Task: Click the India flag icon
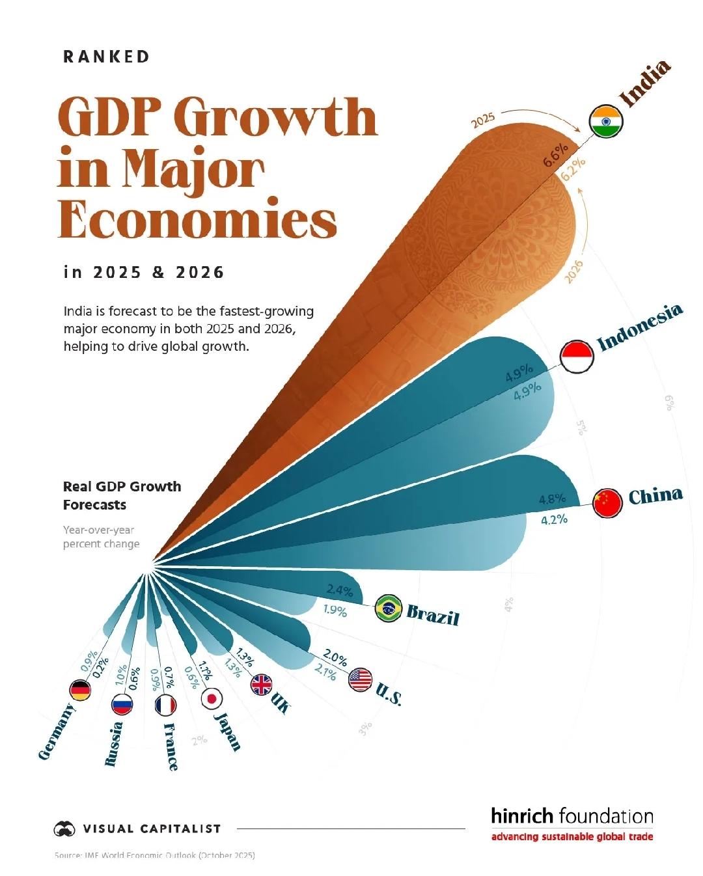click(606, 122)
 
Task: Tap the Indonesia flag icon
click(577, 357)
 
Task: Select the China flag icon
click(608, 502)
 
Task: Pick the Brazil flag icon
click(389, 609)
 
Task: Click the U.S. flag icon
click(360, 679)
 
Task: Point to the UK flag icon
click(262, 685)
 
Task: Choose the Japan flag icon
click(212, 698)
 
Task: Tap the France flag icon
click(166, 704)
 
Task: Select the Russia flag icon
click(122, 704)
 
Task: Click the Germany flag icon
click(80, 691)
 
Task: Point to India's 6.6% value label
click(556, 155)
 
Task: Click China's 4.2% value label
click(554, 519)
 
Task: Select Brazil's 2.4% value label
click(340, 590)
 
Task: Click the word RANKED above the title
click(107, 57)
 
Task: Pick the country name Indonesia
click(640, 327)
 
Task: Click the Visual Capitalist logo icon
click(64, 828)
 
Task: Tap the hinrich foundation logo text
click(572, 816)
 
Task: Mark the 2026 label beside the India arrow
click(573, 271)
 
